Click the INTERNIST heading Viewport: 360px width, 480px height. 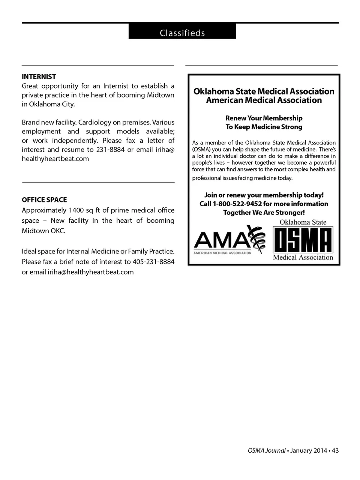pos(39,77)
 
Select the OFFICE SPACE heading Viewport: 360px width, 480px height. pos(44,200)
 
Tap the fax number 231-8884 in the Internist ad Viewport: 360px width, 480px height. pos(110,150)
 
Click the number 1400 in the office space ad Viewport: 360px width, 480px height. pos(76,210)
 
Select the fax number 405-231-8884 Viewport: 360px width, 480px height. pos(153,262)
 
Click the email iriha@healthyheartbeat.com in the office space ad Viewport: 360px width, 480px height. pos(90,272)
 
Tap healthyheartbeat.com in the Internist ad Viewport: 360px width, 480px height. pos(55,159)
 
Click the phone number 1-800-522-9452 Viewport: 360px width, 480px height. pos(237,204)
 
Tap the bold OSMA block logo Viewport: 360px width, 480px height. pos(303,240)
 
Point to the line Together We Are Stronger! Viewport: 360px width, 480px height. pos(264,213)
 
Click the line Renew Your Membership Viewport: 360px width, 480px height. pos(264,118)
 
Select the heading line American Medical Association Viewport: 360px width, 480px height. pos(264,100)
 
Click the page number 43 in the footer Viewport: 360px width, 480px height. pos(335,450)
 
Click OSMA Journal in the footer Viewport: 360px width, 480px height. pos(267,450)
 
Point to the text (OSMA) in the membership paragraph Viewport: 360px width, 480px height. pos(201,149)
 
